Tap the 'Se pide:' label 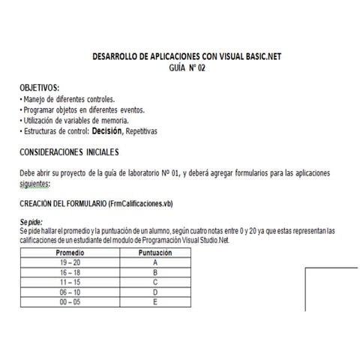[x=32, y=221]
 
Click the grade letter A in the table [x=154, y=262]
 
